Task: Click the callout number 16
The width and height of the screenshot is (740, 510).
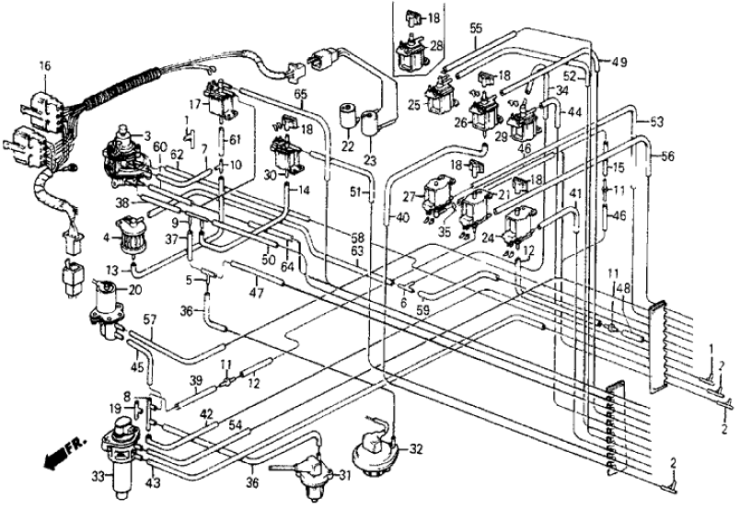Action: tap(44, 65)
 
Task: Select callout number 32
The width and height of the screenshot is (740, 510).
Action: tap(416, 450)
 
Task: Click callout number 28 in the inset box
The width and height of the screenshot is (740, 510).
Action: tap(436, 46)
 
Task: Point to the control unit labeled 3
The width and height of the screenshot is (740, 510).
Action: tap(125, 150)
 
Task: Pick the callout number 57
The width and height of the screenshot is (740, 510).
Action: tap(149, 320)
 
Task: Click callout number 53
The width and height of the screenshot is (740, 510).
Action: tap(657, 122)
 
